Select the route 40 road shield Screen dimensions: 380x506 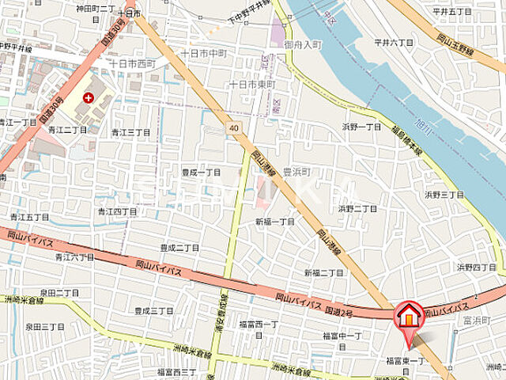(x=233, y=127)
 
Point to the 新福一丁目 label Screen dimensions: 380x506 (x=274, y=222)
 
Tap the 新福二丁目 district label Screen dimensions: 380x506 (x=324, y=272)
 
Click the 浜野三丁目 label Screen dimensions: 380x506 (x=444, y=194)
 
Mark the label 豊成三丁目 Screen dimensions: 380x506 (x=153, y=311)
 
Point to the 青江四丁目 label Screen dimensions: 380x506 (x=117, y=211)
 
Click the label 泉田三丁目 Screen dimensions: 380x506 (x=44, y=326)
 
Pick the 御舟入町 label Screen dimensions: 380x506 (x=304, y=45)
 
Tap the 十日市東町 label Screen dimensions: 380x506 (x=251, y=84)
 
